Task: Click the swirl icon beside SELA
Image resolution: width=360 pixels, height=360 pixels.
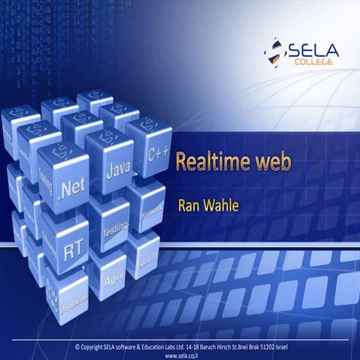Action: click(x=274, y=53)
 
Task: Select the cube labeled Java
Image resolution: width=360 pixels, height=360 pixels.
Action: click(x=115, y=169)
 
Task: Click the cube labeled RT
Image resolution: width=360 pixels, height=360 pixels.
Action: click(x=72, y=246)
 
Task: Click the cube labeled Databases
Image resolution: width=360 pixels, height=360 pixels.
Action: click(x=71, y=298)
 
